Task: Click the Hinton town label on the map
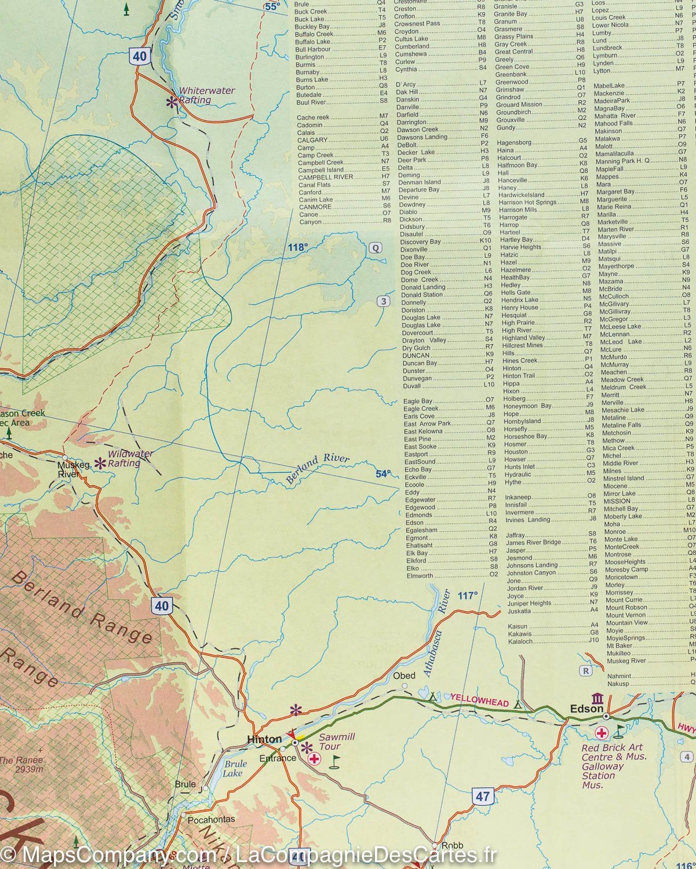click(x=264, y=739)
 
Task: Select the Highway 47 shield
click(x=483, y=796)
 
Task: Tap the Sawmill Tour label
click(x=337, y=742)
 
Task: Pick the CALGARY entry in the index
click(x=312, y=140)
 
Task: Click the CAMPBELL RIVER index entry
click(x=325, y=177)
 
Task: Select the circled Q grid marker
click(x=376, y=248)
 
